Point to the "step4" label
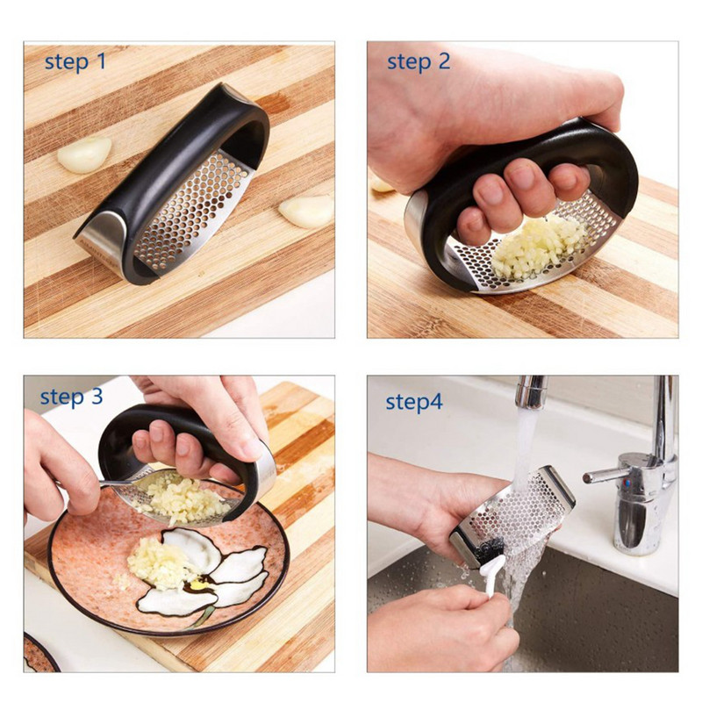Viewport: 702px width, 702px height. coord(414,402)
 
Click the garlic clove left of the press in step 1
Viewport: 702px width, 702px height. coord(84,154)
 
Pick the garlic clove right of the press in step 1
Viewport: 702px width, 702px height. coord(307,211)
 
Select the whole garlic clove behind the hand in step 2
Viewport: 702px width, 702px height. coord(382,185)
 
